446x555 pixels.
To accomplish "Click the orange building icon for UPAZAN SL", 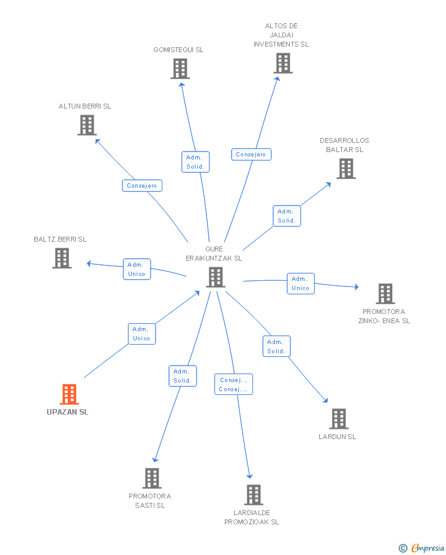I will point(69,394).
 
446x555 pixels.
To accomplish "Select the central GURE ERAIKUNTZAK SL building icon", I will point(216,277).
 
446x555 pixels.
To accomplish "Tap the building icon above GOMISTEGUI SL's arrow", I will point(180,69).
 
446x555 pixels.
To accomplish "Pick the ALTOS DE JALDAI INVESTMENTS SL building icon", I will point(282,63).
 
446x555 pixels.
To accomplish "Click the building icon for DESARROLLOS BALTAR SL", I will point(346,169).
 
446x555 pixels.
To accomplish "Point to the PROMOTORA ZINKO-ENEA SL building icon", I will point(385,294).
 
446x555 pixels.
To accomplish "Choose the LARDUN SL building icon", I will point(338,419).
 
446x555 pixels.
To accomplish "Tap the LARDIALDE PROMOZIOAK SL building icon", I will point(253,494).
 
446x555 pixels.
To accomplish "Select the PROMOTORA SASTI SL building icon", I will point(151,478).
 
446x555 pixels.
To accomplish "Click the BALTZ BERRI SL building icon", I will point(61,258).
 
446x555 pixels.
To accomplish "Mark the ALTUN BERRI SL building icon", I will point(87,125).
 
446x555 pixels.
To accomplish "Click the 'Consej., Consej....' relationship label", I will point(233,385).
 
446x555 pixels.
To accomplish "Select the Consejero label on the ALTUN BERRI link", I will point(142,185).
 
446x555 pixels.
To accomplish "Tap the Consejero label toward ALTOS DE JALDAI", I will point(251,155).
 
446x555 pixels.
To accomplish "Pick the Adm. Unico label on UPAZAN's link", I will point(142,334).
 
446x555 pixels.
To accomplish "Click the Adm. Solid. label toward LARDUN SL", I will point(276,346).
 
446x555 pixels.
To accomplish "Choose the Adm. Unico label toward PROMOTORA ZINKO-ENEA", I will point(300,283).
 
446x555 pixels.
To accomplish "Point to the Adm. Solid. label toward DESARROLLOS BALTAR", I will point(286,216).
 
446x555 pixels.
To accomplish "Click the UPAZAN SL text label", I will point(67,412).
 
